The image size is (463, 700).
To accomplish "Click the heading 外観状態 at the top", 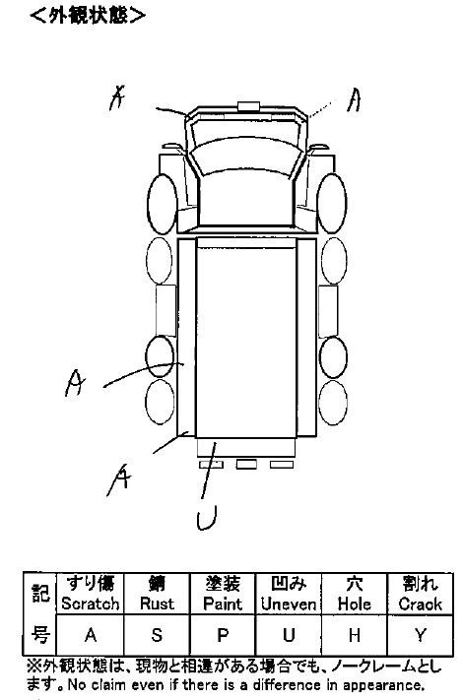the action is pyautogui.click(x=88, y=15).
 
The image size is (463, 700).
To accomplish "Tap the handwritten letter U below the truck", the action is pyautogui.click(x=206, y=518).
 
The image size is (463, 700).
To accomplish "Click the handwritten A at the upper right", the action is pyautogui.click(x=354, y=99).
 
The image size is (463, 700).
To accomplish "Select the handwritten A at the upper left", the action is pyautogui.click(x=117, y=97).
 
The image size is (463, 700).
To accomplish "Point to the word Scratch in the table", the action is pyautogui.click(x=91, y=604).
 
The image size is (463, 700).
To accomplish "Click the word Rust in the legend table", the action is pyautogui.click(x=157, y=604).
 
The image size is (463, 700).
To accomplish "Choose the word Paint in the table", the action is pyautogui.click(x=223, y=604).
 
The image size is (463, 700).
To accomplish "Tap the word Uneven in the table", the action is pyautogui.click(x=289, y=605).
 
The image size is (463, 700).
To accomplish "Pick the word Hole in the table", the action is pyautogui.click(x=355, y=605).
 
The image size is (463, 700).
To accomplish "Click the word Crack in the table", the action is pyautogui.click(x=420, y=605).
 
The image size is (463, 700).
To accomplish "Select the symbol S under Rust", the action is pyautogui.click(x=157, y=634).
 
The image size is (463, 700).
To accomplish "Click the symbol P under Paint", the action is pyautogui.click(x=223, y=634).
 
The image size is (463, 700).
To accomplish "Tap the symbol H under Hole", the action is pyautogui.click(x=355, y=634).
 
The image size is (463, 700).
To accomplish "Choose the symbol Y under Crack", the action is pyautogui.click(x=420, y=634).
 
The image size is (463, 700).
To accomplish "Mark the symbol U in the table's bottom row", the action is pyautogui.click(x=289, y=634).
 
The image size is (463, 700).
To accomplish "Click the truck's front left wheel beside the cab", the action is pyautogui.click(x=163, y=204).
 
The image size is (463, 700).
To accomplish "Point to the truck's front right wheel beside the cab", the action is pyautogui.click(x=332, y=204).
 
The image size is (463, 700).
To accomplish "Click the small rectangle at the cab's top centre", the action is pyautogui.click(x=248, y=106).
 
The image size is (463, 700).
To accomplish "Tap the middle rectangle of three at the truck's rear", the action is pyautogui.click(x=246, y=465).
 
